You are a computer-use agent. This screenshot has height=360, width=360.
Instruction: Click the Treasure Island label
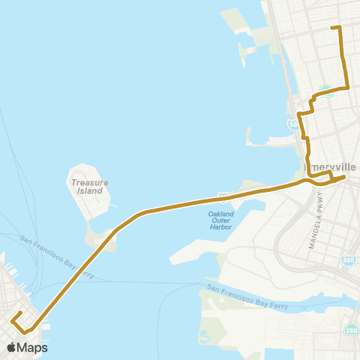point(90,186)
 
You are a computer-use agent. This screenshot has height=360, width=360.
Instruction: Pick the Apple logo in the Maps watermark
point(11,347)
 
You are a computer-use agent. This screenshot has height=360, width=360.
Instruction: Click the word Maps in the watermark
point(33,347)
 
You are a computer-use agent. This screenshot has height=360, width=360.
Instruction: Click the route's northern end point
point(332,28)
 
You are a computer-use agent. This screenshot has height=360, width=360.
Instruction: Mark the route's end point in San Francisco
point(18,313)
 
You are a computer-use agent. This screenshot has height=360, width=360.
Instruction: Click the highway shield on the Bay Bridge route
point(223,196)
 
